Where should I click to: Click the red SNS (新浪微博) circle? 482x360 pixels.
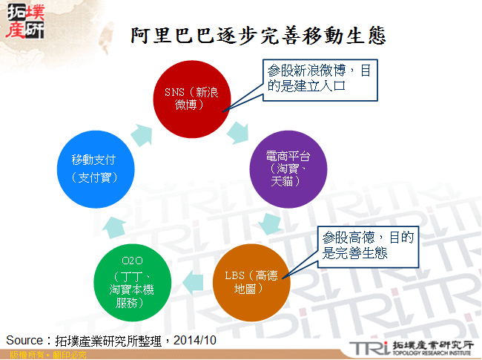[191, 96]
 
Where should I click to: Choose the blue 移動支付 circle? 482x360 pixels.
[94, 168]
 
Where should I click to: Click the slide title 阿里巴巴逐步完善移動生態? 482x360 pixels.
[257, 36]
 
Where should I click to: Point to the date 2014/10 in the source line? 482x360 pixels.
[197, 340]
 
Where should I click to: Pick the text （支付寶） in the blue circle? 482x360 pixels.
[93, 177]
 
